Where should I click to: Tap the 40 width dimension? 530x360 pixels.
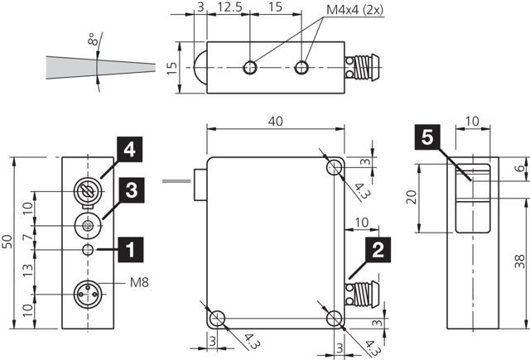(276, 121)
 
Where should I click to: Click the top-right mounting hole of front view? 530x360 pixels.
(335, 168)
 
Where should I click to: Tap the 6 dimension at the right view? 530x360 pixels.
(518, 168)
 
